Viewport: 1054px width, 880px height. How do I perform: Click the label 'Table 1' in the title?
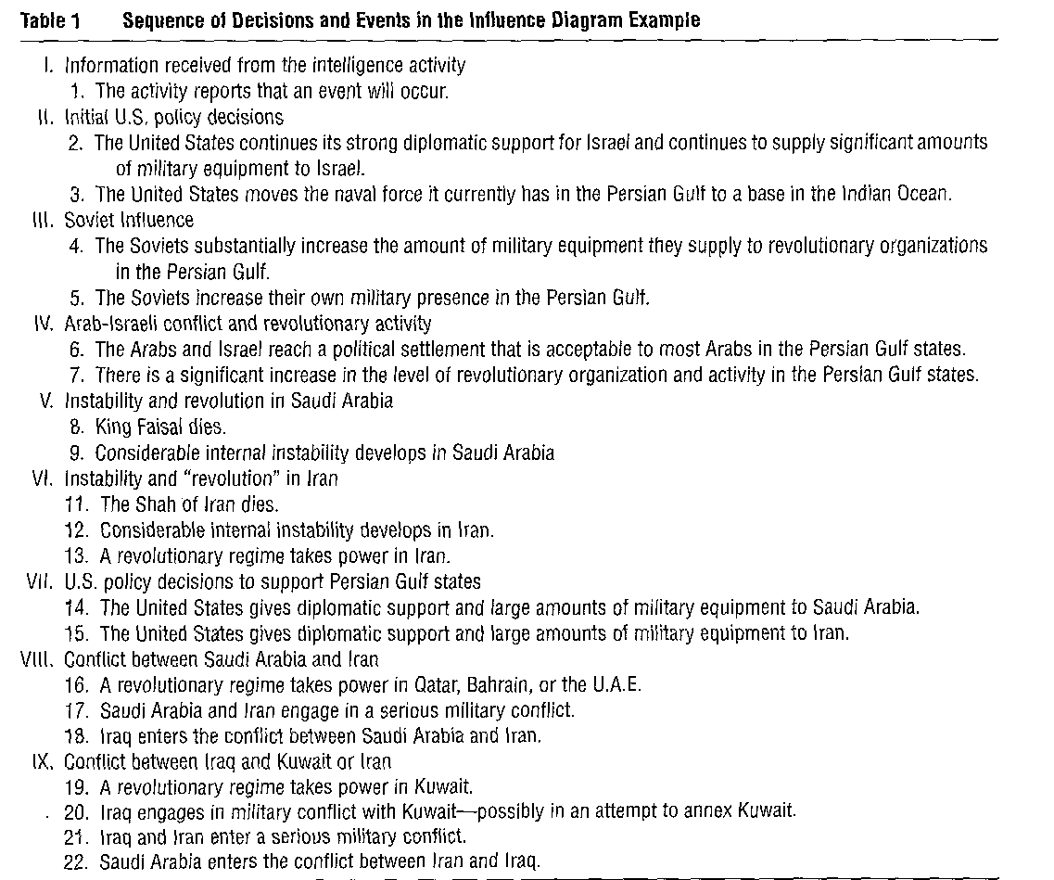click(49, 21)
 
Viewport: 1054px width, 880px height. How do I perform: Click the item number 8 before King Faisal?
click(76, 427)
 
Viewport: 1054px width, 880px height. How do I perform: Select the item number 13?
click(77, 556)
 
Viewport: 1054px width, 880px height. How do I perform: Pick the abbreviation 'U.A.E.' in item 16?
click(617, 685)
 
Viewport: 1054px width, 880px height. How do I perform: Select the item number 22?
click(77, 861)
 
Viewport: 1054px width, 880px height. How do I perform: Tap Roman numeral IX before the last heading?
click(42, 761)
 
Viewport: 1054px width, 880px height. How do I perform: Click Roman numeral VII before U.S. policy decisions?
click(41, 582)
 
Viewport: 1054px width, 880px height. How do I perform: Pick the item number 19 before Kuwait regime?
click(77, 787)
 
